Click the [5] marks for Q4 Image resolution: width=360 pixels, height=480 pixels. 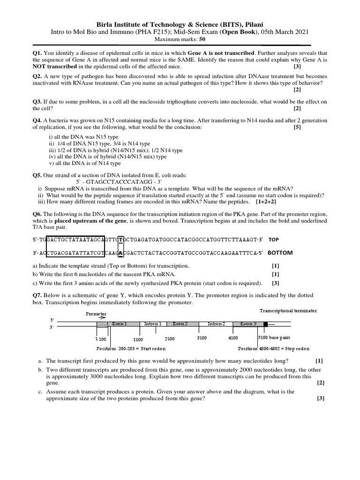point(297,127)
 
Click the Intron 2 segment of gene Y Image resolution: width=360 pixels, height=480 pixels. point(216,324)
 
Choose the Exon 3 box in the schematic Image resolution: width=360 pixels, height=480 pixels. point(248,324)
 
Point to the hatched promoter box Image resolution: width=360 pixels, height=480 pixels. point(102,324)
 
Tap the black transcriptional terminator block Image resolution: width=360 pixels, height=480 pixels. point(265,324)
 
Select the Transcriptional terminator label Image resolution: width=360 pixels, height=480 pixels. point(288,311)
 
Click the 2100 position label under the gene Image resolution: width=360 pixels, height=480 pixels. point(170,338)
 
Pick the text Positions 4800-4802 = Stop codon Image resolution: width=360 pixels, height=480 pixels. point(274,349)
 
